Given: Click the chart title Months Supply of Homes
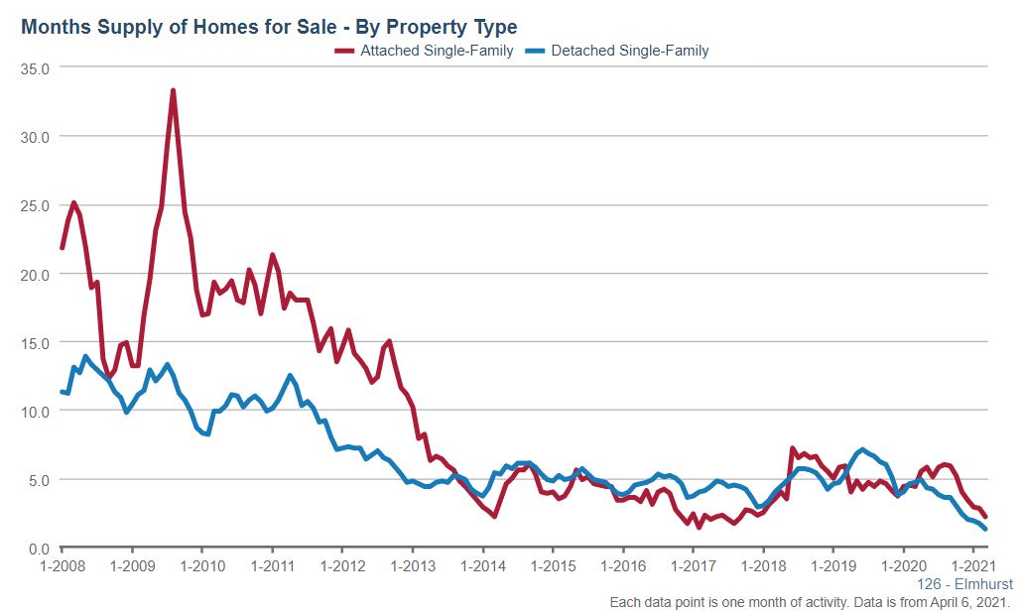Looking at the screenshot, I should [x=268, y=26].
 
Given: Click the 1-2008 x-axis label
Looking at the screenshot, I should [x=62, y=566].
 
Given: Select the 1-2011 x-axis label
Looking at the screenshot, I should [x=272, y=566].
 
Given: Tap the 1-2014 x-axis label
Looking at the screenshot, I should [x=482, y=566].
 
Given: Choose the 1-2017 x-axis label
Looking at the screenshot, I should [x=693, y=566].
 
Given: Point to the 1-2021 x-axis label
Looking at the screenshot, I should [x=972, y=566].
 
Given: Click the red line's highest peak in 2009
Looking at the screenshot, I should [x=173, y=90].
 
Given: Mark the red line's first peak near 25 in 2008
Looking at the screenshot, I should [x=73, y=202].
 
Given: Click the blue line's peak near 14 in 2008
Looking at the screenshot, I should [x=85, y=356].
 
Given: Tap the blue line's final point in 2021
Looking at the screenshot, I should [x=984, y=529].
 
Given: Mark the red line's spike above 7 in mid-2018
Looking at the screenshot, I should [x=792, y=448].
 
